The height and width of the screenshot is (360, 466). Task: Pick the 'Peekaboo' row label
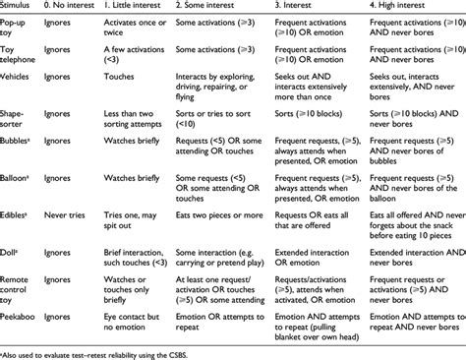(21, 318)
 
